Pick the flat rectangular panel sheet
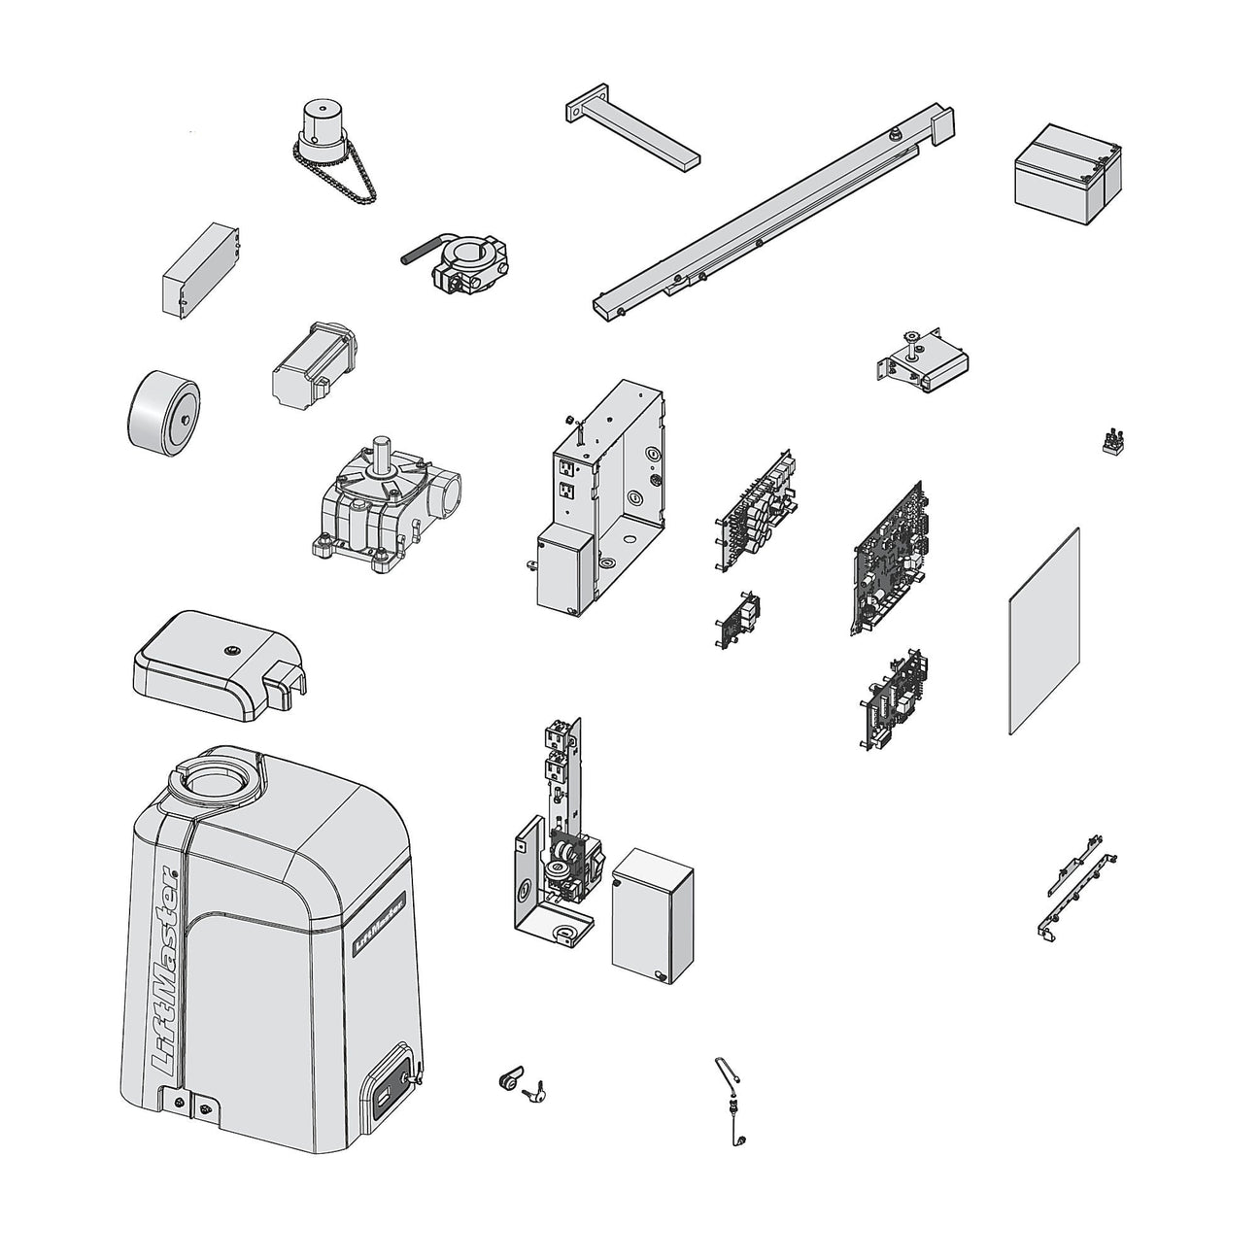tap(1045, 631)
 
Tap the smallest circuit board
tap(739, 618)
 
